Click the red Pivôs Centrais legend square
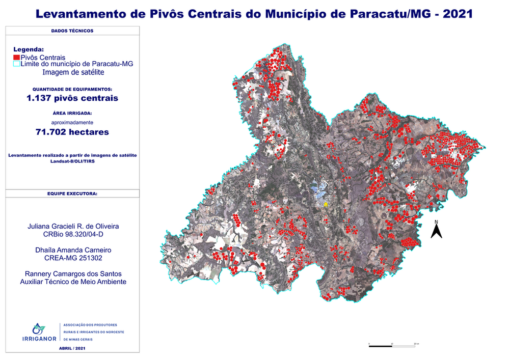[16, 58]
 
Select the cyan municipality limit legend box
[16, 64]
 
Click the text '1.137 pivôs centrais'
[72, 98]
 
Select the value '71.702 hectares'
[72, 132]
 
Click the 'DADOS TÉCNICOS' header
[72, 31]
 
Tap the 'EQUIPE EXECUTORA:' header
[72, 193]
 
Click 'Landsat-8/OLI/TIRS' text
[72, 161]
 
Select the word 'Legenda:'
[29, 49]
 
